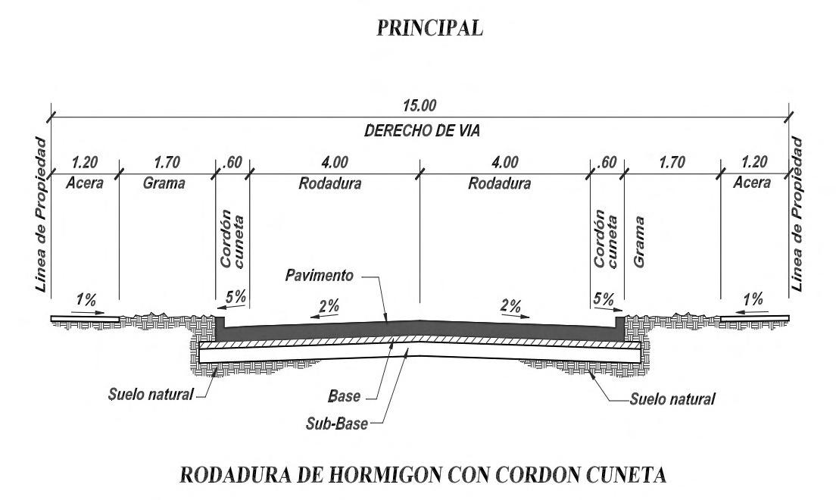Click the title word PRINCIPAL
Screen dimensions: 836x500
pos(429,28)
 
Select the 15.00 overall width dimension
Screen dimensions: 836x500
pos(421,105)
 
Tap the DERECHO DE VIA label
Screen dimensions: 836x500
pos(422,130)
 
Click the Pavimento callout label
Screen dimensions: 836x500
pos(319,276)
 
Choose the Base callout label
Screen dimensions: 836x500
pos(345,395)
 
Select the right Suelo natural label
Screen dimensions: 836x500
pos(672,397)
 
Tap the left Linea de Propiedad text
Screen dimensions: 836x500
pos(41,215)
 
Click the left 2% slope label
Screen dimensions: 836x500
pos(329,307)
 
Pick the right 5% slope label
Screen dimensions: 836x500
pos(604,299)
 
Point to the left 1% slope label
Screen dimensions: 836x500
pos(86,299)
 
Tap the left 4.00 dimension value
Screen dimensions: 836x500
pos(335,162)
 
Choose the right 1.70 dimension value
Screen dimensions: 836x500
pos(672,162)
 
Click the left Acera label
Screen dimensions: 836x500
pos(85,183)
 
